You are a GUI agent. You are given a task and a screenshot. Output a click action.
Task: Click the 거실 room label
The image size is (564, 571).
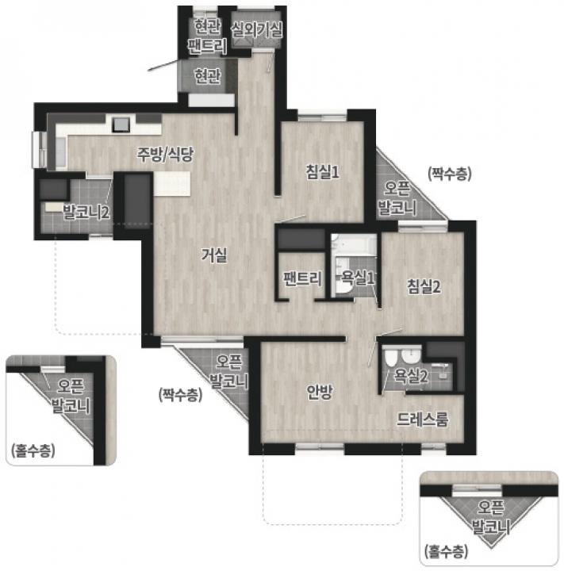214,255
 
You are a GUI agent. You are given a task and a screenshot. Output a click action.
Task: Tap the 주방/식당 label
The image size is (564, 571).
165,154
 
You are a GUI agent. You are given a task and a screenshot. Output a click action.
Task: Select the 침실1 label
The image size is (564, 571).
322,171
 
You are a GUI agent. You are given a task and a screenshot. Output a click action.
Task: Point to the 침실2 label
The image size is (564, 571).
424,285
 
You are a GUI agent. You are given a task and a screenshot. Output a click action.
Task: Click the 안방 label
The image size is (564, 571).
320,392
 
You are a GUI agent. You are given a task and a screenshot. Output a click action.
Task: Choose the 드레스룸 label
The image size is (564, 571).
422,420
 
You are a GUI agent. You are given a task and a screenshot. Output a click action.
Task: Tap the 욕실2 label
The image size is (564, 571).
411,375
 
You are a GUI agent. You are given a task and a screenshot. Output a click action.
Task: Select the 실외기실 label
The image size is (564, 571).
256,29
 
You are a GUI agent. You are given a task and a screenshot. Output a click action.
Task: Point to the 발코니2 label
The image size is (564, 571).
86,212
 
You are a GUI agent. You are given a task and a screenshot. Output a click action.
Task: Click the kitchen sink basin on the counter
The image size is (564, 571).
121,125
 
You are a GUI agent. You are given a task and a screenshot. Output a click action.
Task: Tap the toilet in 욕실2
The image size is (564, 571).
390,357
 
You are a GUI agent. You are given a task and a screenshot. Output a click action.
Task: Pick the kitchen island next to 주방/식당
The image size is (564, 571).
172,183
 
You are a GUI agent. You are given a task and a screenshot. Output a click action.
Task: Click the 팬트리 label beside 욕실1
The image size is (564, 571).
302,278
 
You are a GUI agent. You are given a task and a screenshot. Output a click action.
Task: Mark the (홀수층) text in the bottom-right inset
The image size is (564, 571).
446,551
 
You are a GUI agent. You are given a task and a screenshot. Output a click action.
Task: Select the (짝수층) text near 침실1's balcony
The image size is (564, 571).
450,174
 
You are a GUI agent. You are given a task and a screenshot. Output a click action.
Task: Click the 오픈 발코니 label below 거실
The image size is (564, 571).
228,371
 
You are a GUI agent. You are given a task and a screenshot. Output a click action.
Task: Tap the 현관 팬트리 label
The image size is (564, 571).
207,36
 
